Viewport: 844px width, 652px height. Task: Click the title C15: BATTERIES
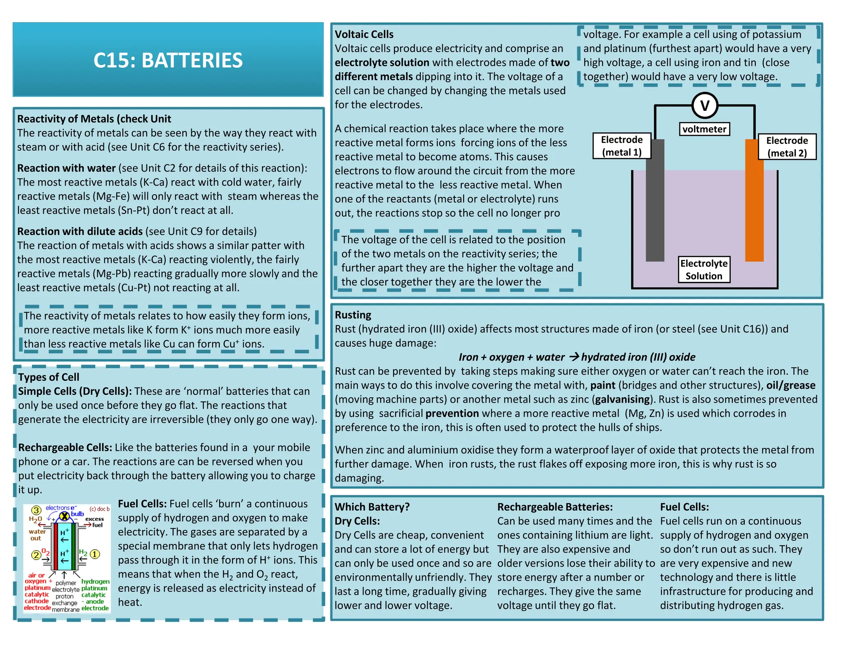pyautogui.click(x=168, y=60)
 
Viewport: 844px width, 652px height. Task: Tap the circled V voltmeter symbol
pyautogui.click(x=704, y=106)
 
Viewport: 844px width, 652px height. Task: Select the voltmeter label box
pyautogui.click(x=704, y=129)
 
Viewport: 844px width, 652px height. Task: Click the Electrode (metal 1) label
pyautogui.click(x=621, y=146)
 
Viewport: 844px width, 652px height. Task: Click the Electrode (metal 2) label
pyautogui.click(x=787, y=147)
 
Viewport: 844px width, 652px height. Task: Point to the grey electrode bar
pyautogui.click(x=655, y=200)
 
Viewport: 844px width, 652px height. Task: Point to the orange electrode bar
pyautogui.click(x=754, y=200)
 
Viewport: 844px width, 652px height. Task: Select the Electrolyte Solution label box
pyautogui.click(x=704, y=270)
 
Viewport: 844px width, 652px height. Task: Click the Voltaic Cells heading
pyautogui.click(x=364, y=34)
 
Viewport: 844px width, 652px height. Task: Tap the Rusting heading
pyautogui.click(x=353, y=315)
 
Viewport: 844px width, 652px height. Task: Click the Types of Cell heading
pyautogui.click(x=49, y=377)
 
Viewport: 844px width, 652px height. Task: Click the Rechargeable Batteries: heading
pyautogui.click(x=555, y=507)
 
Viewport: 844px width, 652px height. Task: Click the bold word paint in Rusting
pyautogui.click(x=603, y=385)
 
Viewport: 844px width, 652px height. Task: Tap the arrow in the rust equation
pyautogui.click(x=574, y=357)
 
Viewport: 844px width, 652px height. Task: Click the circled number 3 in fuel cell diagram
pyautogui.click(x=36, y=511)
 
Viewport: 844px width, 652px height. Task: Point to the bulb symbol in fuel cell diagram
pyautogui.click(x=64, y=516)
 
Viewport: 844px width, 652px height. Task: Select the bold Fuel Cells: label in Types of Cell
pyautogui.click(x=142, y=504)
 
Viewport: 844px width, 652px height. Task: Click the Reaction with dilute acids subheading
pyautogui.click(x=80, y=232)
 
